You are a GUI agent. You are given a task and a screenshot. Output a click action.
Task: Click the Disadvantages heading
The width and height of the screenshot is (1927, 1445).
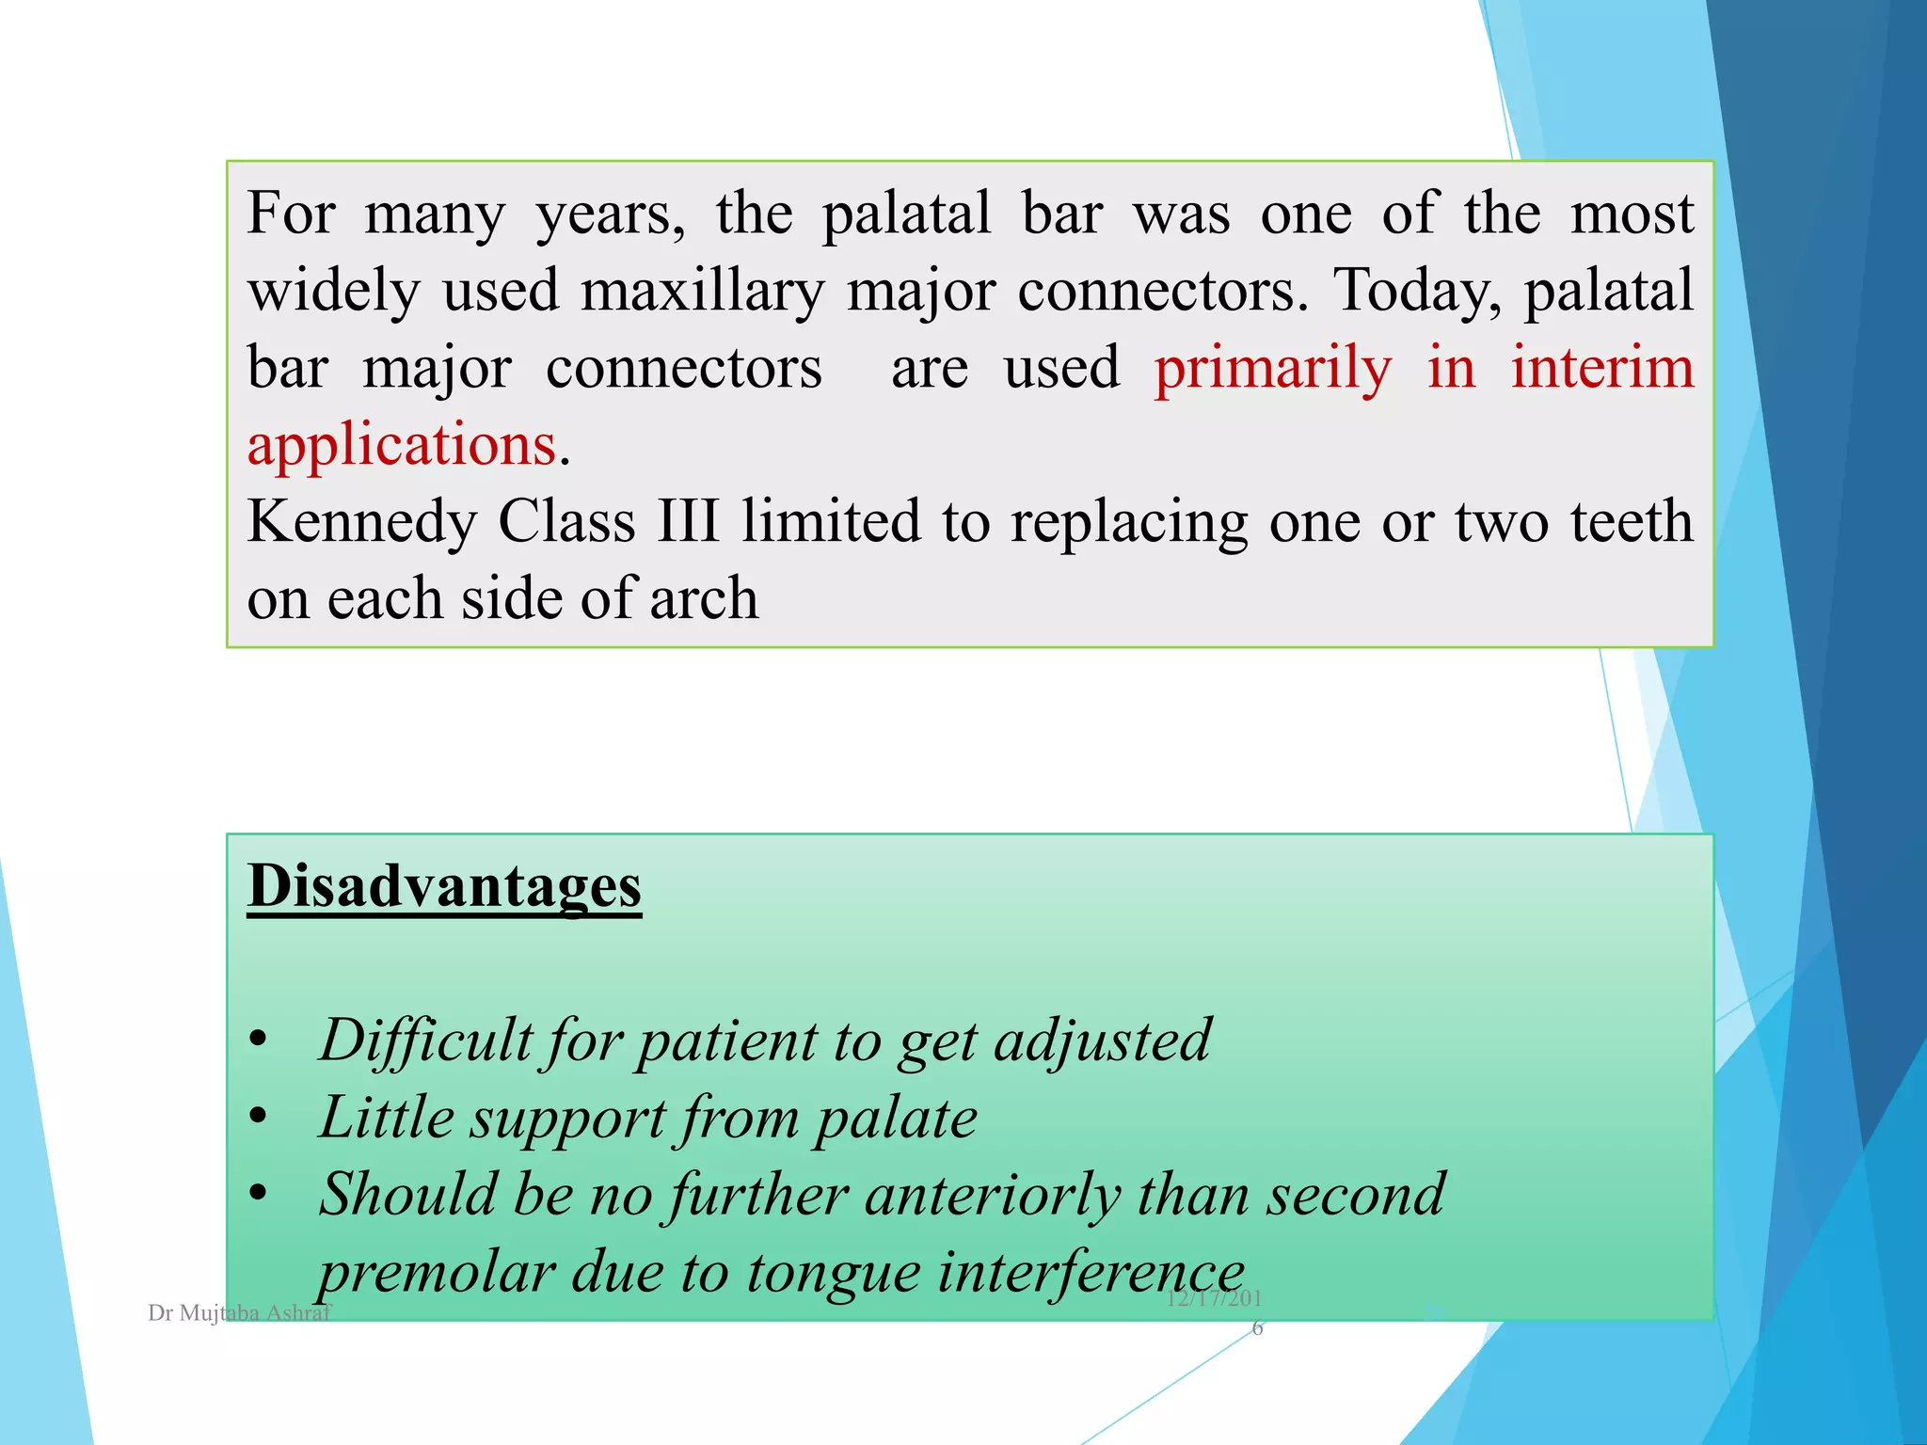point(444,886)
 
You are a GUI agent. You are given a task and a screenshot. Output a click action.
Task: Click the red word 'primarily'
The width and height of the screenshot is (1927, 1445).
point(1272,369)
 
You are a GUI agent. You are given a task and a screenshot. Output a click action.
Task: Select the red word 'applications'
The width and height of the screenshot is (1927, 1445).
point(402,445)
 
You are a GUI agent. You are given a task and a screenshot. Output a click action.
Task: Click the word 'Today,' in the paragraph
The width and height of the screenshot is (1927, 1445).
point(1418,292)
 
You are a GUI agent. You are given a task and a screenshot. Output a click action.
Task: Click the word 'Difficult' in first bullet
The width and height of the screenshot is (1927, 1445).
point(425,1040)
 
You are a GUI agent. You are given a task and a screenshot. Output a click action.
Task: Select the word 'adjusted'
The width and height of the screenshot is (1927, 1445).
point(1102,1040)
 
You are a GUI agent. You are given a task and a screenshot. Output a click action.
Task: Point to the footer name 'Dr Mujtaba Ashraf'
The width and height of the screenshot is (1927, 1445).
point(240,1313)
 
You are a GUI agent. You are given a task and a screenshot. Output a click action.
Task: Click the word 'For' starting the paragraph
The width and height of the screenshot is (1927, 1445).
point(290,214)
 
